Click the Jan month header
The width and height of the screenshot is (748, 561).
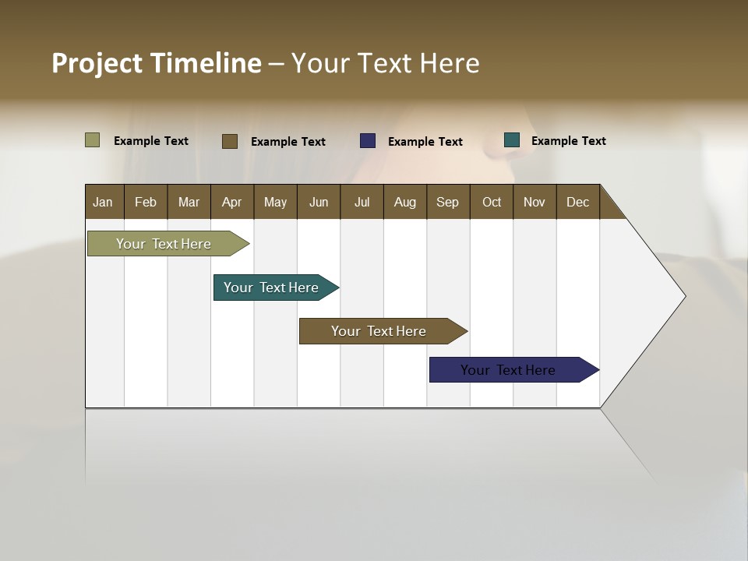point(104,202)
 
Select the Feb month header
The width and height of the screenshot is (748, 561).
point(146,202)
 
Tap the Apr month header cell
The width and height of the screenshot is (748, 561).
point(232,202)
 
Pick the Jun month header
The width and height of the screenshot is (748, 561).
point(319,202)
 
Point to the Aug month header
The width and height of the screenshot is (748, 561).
point(405,202)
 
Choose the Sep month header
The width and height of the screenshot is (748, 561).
point(448,202)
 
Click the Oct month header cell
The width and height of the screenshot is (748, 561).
point(492,202)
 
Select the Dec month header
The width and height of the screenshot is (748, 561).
point(578,202)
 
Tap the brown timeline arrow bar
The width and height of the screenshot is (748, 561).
point(379,331)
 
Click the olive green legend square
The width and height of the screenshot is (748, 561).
point(92,140)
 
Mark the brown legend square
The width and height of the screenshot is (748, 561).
point(230,141)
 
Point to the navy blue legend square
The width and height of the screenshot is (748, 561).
point(368,141)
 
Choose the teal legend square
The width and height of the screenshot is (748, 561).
point(512,140)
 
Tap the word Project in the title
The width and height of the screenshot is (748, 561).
point(97,63)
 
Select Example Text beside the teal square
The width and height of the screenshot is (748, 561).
point(569,141)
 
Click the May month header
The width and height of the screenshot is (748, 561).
point(275,202)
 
